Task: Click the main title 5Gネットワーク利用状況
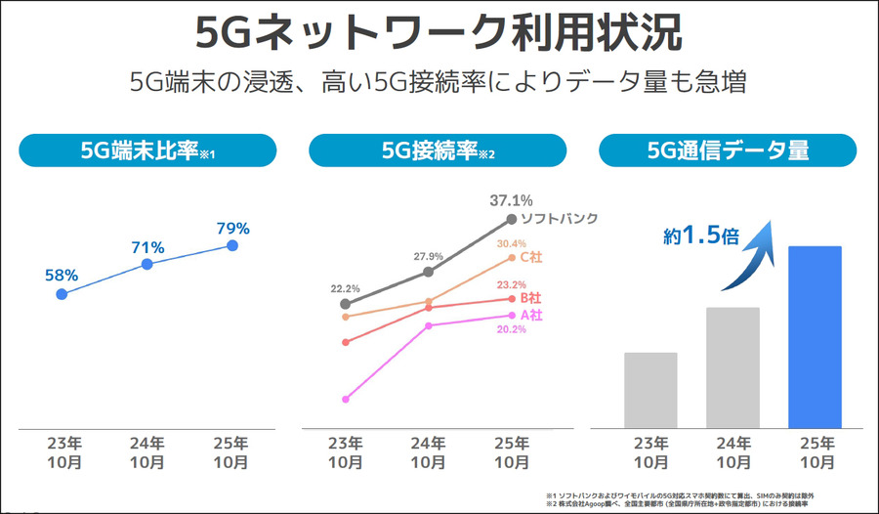click(x=439, y=33)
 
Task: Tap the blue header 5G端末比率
click(x=146, y=150)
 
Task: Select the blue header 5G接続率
click(x=438, y=150)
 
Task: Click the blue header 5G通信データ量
click(x=728, y=150)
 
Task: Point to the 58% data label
click(x=63, y=276)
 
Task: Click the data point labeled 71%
click(x=147, y=264)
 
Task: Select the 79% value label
click(x=232, y=229)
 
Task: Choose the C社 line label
click(x=531, y=257)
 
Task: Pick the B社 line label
click(x=531, y=297)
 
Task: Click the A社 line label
click(x=530, y=315)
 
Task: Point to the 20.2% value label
click(x=511, y=330)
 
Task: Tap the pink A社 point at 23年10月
click(x=345, y=399)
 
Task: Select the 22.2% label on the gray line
click(x=346, y=289)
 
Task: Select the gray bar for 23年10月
click(x=650, y=390)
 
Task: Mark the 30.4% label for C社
click(x=511, y=243)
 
